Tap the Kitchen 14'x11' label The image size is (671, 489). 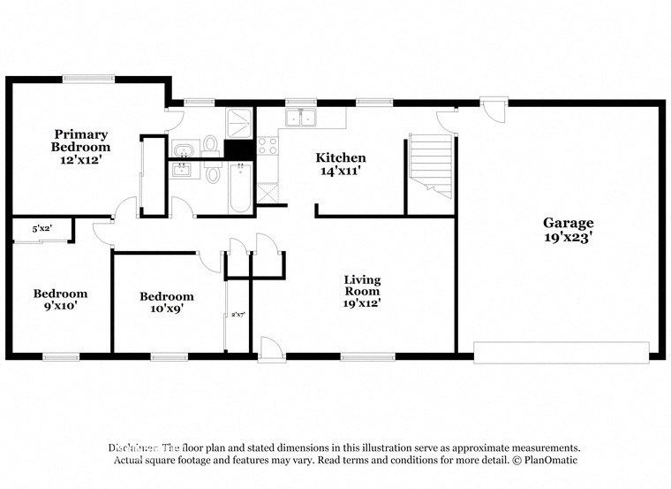(x=341, y=164)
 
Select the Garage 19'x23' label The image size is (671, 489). (x=568, y=230)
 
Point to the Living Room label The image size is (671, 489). (x=362, y=291)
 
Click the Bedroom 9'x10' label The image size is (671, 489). (x=61, y=300)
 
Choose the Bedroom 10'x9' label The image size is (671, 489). (x=166, y=303)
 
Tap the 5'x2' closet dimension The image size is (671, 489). (x=41, y=228)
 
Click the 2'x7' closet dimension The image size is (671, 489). (x=237, y=314)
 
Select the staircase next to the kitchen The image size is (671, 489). (x=431, y=163)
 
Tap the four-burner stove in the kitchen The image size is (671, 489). (x=268, y=146)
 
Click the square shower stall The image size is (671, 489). (x=239, y=123)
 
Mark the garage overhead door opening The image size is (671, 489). (x=562, y=351)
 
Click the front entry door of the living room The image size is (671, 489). (x=272, y=350)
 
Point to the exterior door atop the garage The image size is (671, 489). (x=493, y=110)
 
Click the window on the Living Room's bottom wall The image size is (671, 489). (x=368, y=357)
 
